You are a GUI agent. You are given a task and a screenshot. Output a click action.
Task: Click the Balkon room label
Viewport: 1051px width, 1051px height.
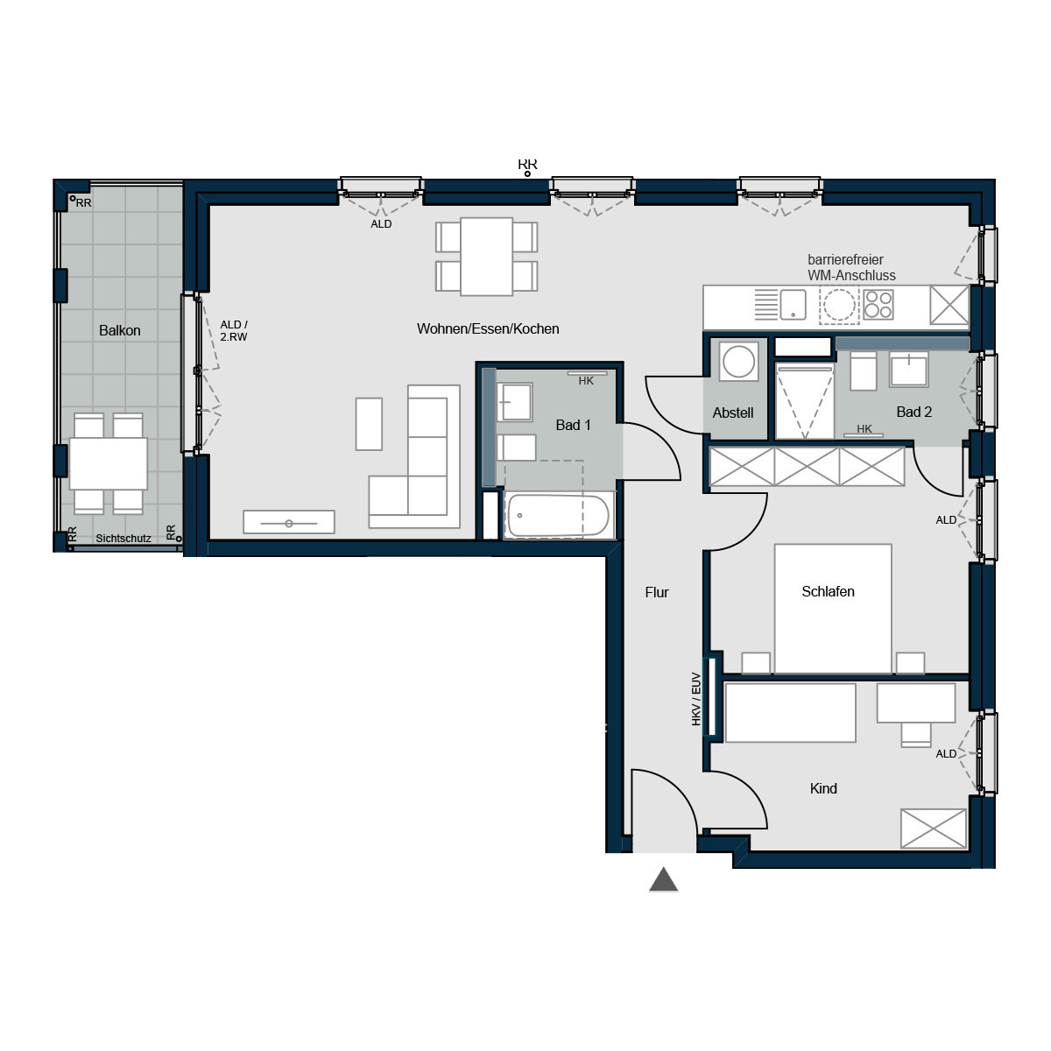coord(119,330)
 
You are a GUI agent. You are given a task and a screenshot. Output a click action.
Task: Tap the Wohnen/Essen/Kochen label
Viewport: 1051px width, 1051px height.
coord(488,329)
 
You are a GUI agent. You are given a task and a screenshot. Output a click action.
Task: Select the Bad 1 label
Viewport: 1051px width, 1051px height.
coord(573,425)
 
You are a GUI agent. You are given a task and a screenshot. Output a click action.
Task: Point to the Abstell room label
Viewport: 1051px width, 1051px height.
coord(732,413)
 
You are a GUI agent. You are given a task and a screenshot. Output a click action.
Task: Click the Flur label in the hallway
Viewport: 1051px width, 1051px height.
coord(657,592)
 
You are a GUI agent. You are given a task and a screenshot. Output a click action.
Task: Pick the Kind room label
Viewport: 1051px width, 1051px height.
coord(823,788)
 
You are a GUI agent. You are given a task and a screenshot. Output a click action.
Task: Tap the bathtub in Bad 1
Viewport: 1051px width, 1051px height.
coord(558,516)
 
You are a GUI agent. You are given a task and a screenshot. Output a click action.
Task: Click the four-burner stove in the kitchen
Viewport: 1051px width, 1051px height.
coord(878,304)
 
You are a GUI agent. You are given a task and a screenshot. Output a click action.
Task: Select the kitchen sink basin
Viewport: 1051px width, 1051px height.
coord(793,304)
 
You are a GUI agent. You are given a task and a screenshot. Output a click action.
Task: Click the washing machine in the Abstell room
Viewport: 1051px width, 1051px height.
coord(738,361)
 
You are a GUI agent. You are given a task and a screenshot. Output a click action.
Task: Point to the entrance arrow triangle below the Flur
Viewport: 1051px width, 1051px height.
coord(663,878)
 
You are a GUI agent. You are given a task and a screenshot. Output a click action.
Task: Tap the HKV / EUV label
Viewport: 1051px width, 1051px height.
coord(696,699)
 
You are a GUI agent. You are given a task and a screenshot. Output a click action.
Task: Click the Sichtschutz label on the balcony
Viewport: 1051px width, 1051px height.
coord(123,539)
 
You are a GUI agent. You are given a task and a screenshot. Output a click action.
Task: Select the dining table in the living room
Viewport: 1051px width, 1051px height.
coord(486,257)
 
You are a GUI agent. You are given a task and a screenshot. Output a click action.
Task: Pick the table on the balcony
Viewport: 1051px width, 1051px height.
coord(108,463)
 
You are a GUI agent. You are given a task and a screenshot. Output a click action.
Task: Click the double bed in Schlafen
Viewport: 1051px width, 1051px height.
coord(833,609)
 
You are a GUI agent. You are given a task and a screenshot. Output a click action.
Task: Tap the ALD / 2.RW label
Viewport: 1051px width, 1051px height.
coord(234,330)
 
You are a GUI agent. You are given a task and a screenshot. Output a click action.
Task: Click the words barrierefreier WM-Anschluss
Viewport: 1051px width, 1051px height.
coord(851,267)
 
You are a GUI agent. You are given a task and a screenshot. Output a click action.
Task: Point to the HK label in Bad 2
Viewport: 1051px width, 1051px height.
coord(864,428)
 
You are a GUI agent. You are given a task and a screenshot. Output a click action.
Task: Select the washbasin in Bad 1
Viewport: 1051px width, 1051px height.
coord(514,403)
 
